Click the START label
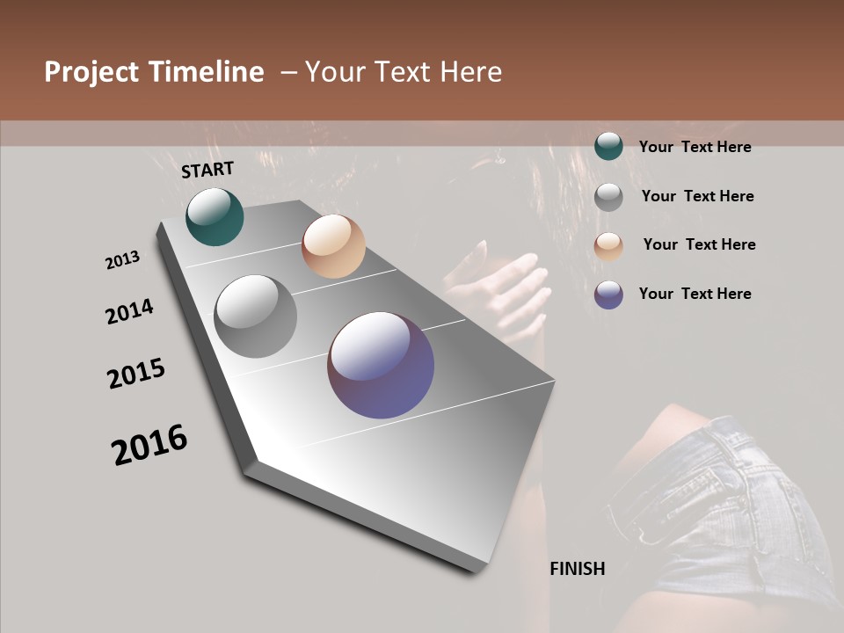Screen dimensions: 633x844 coord(207,170)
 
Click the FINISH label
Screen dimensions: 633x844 coord(578,569)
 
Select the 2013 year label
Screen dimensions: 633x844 coord(122,260)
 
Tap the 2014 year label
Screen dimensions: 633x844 coord(129,311)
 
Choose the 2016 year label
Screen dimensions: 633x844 coord(149,444)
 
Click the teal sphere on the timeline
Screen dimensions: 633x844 coord(215,216)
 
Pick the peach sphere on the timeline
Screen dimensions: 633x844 coord(333,246)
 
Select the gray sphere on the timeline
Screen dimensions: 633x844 coord(256,316)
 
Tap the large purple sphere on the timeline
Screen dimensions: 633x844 coord(381,364)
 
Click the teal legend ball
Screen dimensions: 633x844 coord(608,146)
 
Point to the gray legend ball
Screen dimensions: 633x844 coord(608,197)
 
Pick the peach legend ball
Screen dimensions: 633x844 coord(608,245)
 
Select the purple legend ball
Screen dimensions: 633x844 coord(608,294)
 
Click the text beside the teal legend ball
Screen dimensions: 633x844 coord(695,147)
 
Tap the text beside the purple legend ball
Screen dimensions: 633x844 coord(695,294)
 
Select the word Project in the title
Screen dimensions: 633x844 coord(91,72)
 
